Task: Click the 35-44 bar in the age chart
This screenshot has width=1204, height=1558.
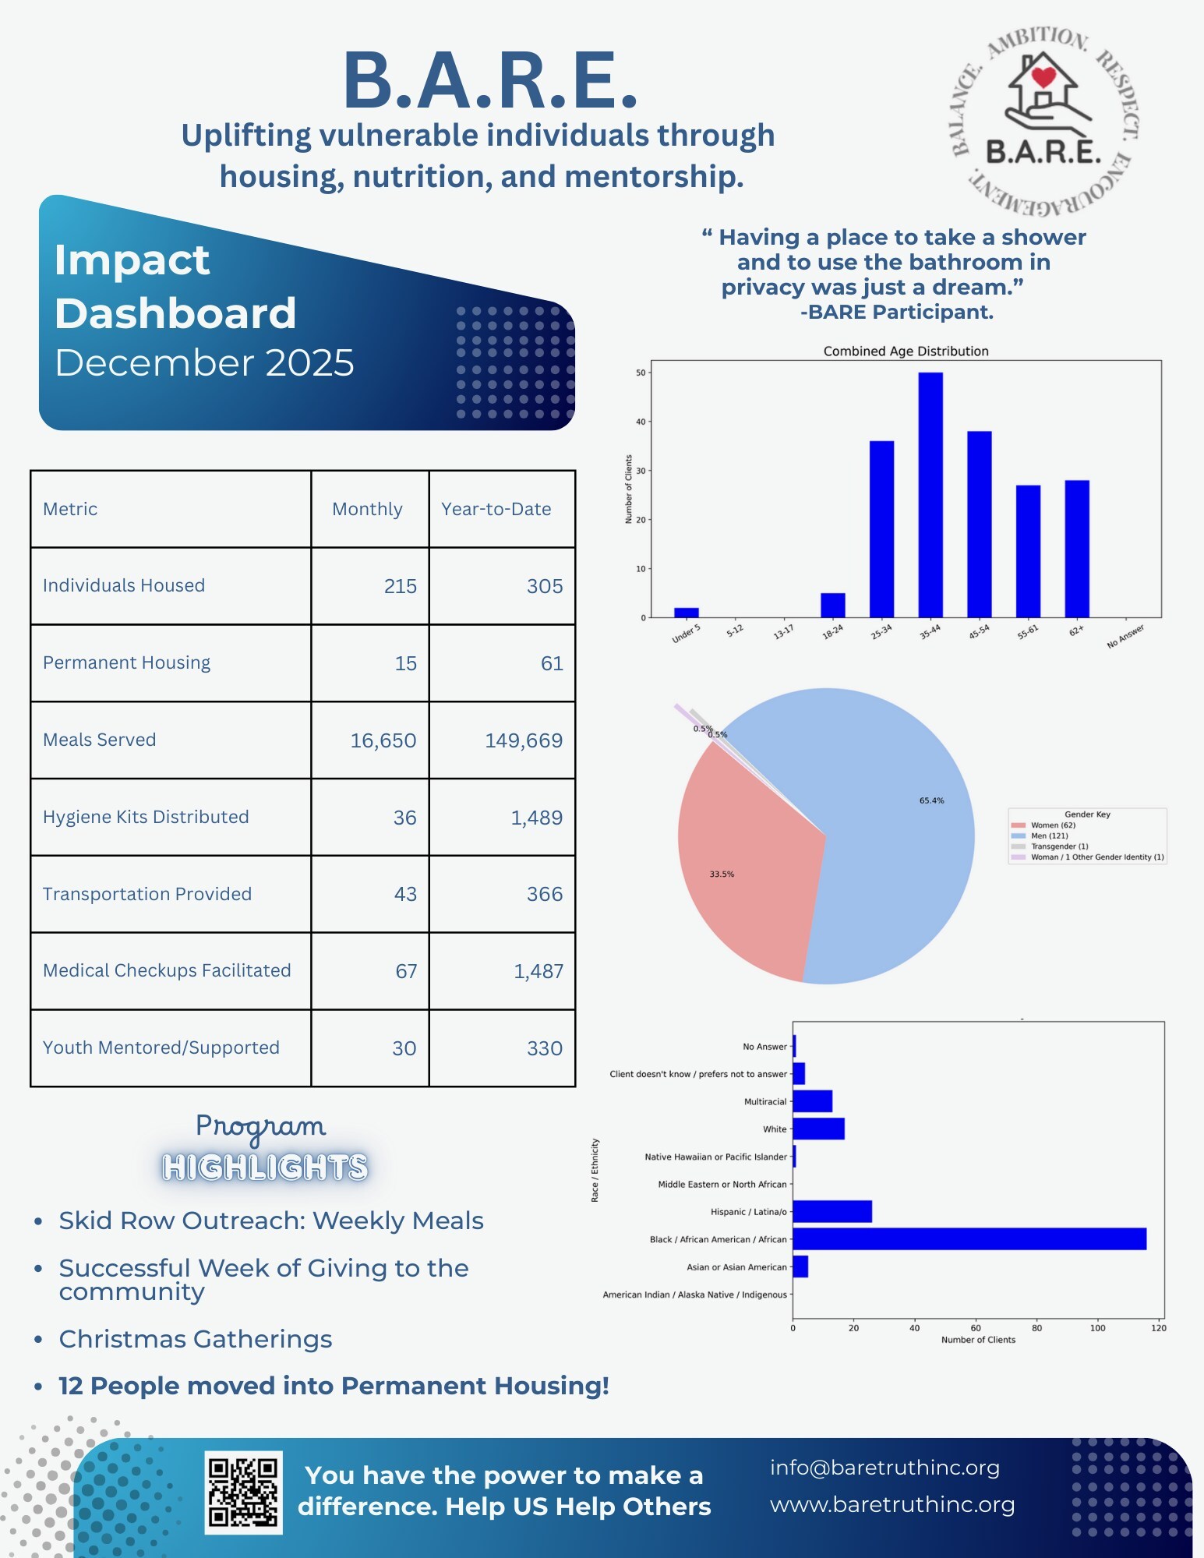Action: click(930, 495)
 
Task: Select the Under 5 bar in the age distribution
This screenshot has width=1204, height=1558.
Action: click(686, 613)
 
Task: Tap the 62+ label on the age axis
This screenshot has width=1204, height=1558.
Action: click(1076, 631)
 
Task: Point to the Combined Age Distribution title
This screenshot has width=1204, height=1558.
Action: click(906, 352)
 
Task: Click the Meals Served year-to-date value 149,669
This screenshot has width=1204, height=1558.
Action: click(524, 740)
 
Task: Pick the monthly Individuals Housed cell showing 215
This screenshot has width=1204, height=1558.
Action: click(400, 586)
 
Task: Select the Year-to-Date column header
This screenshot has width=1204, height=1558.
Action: click(496, 509)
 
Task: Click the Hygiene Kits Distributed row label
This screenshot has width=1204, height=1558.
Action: click(146, 817)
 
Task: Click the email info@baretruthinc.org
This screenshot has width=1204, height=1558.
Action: click(884, 1468)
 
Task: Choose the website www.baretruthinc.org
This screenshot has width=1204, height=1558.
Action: click(892, 1504)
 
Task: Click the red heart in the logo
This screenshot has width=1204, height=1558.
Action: click(1043, 76)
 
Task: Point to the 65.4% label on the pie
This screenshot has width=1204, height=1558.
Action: click(931, 800)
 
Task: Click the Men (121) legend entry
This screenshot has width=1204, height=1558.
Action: click(1049, 836)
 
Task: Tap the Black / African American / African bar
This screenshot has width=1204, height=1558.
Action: click(969, 1239)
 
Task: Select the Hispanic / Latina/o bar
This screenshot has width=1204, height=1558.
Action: click(832, 1212)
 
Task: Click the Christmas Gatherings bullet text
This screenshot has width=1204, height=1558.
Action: click(196, 1339)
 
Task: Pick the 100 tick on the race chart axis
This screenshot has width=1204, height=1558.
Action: click(1097, 1328)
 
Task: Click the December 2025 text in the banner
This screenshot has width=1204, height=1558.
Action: click(204, 363)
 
